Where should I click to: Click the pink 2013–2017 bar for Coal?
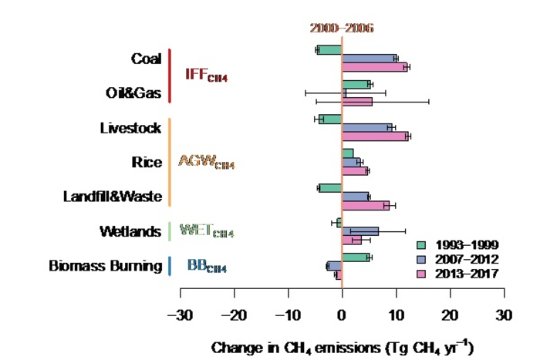[x=374, y=67]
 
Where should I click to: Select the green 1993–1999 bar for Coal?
[x=329, y=50]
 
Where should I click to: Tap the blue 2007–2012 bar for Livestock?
[x=367, y=127]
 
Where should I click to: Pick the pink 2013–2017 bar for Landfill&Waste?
[x=366, y=205]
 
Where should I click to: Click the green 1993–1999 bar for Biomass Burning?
[x=356, y=257]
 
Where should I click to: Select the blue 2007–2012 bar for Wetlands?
[x=360, y=230]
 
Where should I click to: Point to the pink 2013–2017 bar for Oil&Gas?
[x=357, y=101]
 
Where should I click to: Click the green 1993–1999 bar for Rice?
[x=348, y=153]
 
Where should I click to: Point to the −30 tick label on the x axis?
[x=180, y=315]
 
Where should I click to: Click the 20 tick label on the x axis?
[x=450, y=315]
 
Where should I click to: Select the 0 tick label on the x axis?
[x=342, y=315]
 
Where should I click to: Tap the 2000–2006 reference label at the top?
[x=342, y=28]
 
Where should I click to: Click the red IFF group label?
[x=206, y=76]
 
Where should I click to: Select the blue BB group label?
[x=207, y=267]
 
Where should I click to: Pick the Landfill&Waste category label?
[x=113, y=197]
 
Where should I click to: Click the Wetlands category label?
[x=130, y=231]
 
